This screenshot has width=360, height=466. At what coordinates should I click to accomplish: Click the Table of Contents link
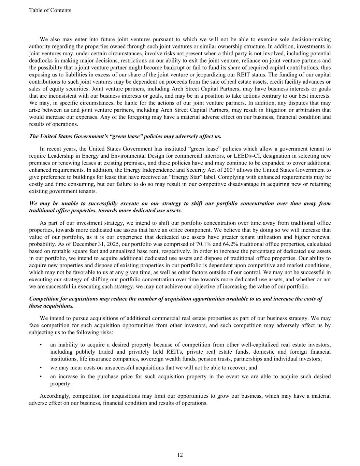[x=50, y=10]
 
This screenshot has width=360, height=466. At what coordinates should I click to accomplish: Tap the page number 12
[x=180, y=455]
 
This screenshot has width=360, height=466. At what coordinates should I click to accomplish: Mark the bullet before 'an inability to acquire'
[x=41, y=345]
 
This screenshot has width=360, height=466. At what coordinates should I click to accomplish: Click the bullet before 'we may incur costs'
[x=41, y=368]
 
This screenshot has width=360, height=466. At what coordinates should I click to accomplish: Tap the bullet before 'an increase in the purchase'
[x=41, y=377]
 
